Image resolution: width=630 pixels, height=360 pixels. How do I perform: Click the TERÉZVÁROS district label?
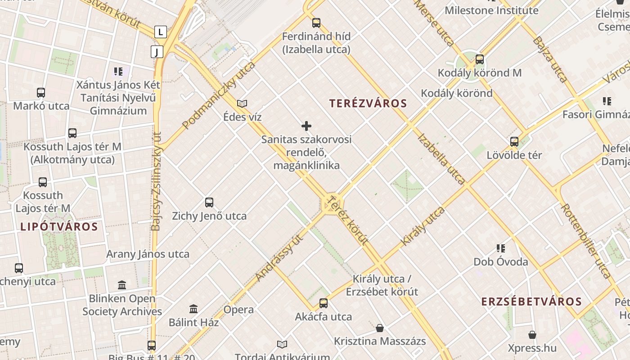tap(368, 103)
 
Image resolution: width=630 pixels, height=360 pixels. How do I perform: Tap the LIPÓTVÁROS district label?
tap(59, 227)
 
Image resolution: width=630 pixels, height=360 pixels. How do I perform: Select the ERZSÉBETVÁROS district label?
tap(531, 301)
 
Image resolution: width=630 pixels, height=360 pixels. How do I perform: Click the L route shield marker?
tap(160, 32)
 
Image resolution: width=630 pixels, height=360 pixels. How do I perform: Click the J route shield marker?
tap(157, 52)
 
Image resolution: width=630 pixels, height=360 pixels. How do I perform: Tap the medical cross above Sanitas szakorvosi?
tap(306, 126)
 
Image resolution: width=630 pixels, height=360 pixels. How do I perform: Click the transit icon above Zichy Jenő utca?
tap(209, 202)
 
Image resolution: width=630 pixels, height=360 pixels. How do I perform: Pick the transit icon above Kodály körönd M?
tap(480, 59)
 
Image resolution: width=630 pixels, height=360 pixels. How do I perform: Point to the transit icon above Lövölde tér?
tap(514, 142)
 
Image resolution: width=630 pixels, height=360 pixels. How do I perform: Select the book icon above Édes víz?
tap(242, 103)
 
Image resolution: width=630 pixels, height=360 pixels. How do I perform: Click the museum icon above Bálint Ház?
tap(193, 309)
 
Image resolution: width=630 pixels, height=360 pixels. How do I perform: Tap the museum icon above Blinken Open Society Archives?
tap(122, 285)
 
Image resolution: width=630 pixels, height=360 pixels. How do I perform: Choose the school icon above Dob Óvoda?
tap(500, 248)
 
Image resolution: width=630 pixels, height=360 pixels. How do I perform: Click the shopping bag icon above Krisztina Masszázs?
tap(380, 328)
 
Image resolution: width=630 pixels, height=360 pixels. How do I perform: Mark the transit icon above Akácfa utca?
tap(323, 303)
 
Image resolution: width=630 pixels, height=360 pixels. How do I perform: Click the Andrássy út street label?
tap(278, 258)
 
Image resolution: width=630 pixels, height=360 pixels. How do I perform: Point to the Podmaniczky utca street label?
tap(219, 95)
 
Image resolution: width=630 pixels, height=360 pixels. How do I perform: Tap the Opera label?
tap(238, 310)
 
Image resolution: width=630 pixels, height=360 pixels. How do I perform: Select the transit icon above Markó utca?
tap(41, 93)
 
